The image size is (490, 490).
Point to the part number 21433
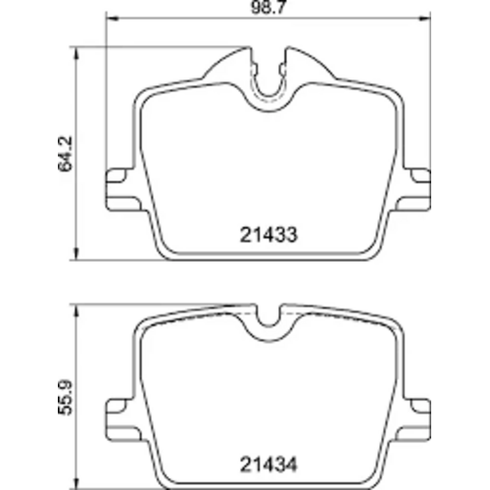coord(268,234)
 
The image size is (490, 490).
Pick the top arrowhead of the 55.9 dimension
coord(78,305)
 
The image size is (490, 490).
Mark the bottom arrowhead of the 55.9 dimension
coord(78,479)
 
